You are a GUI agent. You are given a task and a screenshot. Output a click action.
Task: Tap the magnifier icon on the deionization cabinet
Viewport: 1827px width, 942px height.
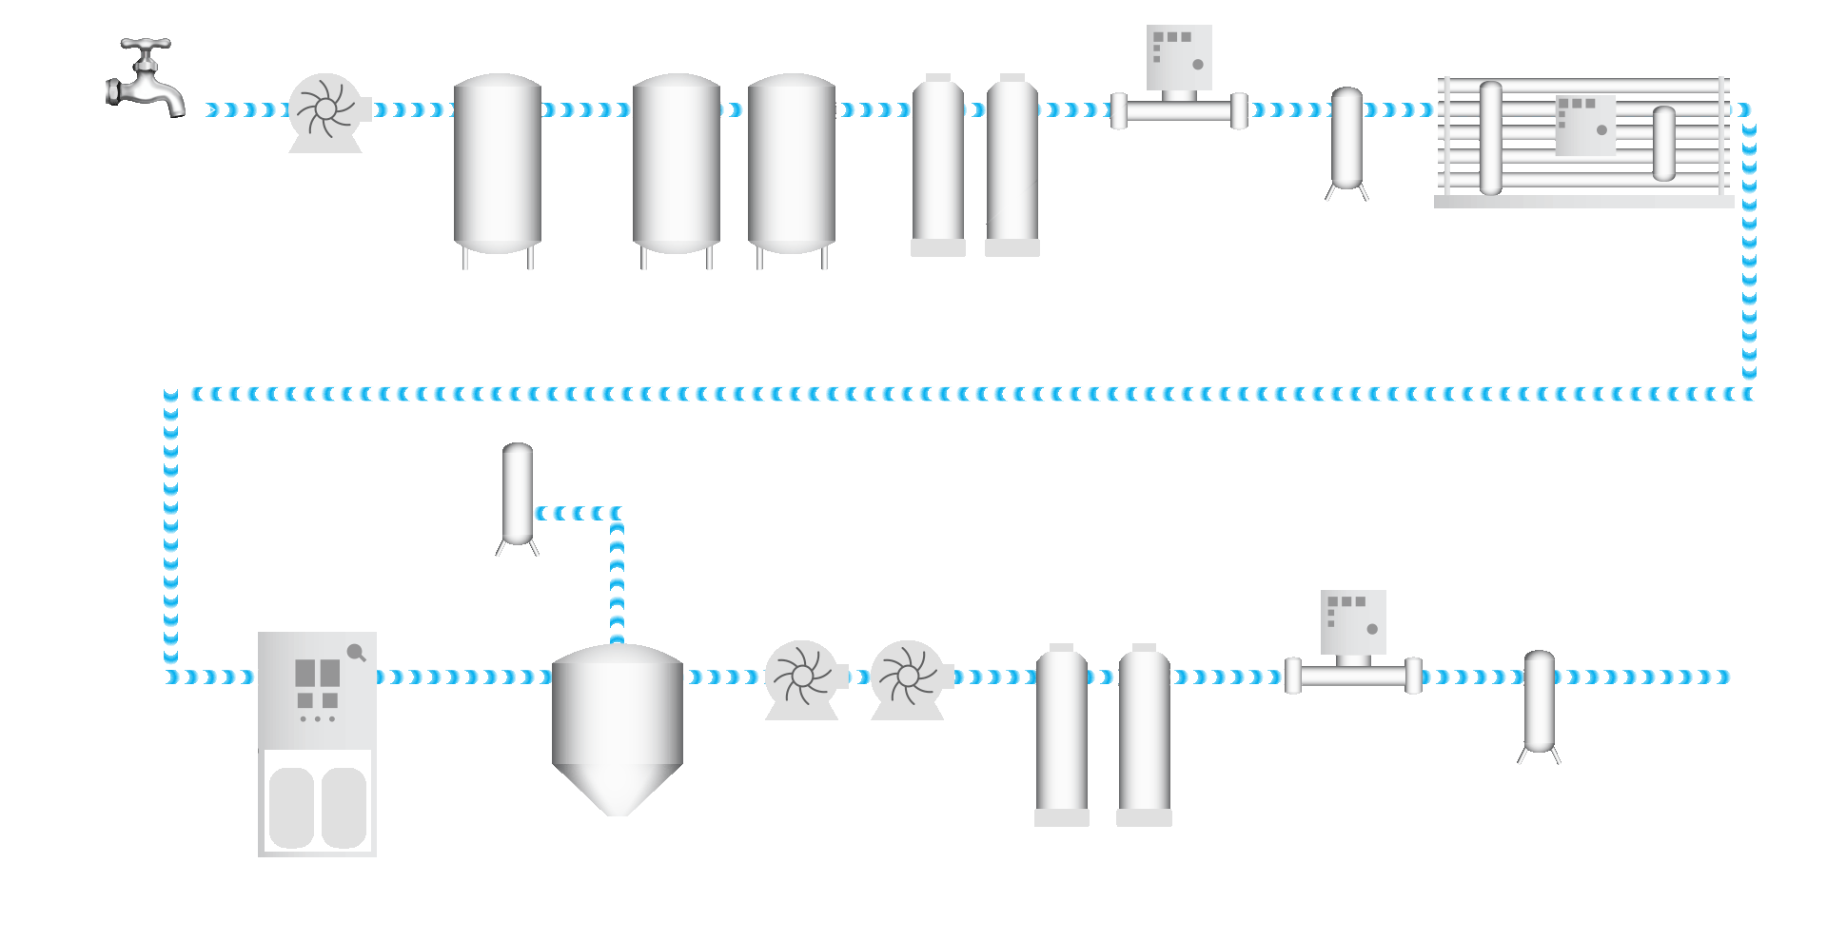pyautogui.click(x=357, y=652)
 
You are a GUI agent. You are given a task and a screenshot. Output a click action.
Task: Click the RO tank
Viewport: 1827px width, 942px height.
pyautogui.click(x=618, y=723)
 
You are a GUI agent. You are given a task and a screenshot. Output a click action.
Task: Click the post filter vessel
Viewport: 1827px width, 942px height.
pyautogui.click(x=1539, y=701)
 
